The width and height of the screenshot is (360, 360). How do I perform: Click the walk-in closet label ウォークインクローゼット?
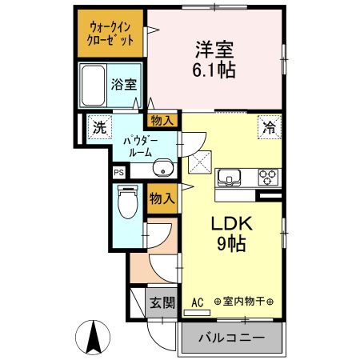[x=110, y=34]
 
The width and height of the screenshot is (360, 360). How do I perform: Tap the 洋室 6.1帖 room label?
[x=214, y=59]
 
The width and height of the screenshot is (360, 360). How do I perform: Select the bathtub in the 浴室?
[x=93, y=86]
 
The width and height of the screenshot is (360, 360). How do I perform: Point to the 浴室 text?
[x=124, y=85]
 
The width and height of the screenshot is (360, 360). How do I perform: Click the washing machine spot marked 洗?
[x=100, y=127]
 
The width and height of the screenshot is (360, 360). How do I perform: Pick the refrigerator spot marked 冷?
[x=270, y=127]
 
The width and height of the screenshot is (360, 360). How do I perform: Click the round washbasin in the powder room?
[x=163, y=168]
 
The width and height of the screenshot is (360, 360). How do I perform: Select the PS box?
[x=119, y=172]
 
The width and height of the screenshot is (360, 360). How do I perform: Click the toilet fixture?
[x=128, y=202]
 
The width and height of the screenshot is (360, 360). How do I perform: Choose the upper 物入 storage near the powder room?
[x=162, y=121]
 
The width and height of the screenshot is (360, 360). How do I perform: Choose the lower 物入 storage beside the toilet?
[x=162, y=198]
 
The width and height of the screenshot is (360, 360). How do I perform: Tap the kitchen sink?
[x=229, y=178]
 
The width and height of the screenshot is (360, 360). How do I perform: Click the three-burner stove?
[x=268, y=177]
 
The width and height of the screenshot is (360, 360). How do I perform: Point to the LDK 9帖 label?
[x=231, y=234]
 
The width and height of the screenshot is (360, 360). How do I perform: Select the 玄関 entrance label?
[x=162, y=302]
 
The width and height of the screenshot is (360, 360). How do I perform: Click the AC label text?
[x=198, y=302]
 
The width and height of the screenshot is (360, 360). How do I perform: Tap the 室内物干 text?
[x=243, y=302]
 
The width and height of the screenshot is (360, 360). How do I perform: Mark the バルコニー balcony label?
[x=232, y=338]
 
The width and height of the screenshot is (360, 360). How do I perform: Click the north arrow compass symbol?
[x=93, y=338]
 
